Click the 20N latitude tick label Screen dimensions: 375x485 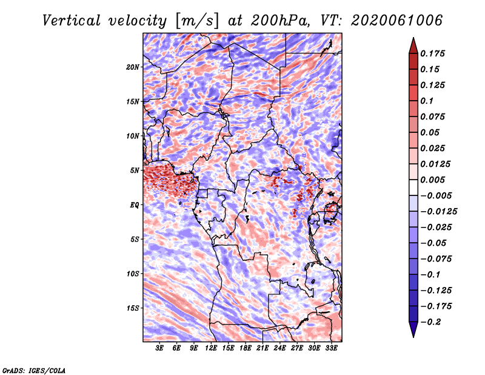pyautogui.click(x=133, y=67)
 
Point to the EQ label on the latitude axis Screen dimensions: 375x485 pyautogui.click(x=134, y=204)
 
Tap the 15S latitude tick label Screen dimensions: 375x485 pyautogui.click(x=133, y=308)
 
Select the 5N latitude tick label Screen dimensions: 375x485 pyautogui.click(x=135, y=171)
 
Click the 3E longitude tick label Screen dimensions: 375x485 pyautogui.click(x=160, y=348)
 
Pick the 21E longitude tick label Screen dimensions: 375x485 pyautogui.click(x=263, y=348)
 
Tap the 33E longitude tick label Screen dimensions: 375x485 pyautogui.click(x=331, y=348)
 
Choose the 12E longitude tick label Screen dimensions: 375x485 pyautogui.click(x=211, y=348)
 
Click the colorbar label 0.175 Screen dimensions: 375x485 pyautogui.click(x=433, y=53)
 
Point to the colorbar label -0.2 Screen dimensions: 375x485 pyautogui.click(x=432, y=322)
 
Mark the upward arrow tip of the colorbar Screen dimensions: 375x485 pyautogui.click(x=412, y=39)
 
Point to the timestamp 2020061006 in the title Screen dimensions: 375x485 pyautogui.click(x=391, y=21)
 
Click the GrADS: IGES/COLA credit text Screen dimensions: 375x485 pyautogui.click(x=33, y=370)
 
